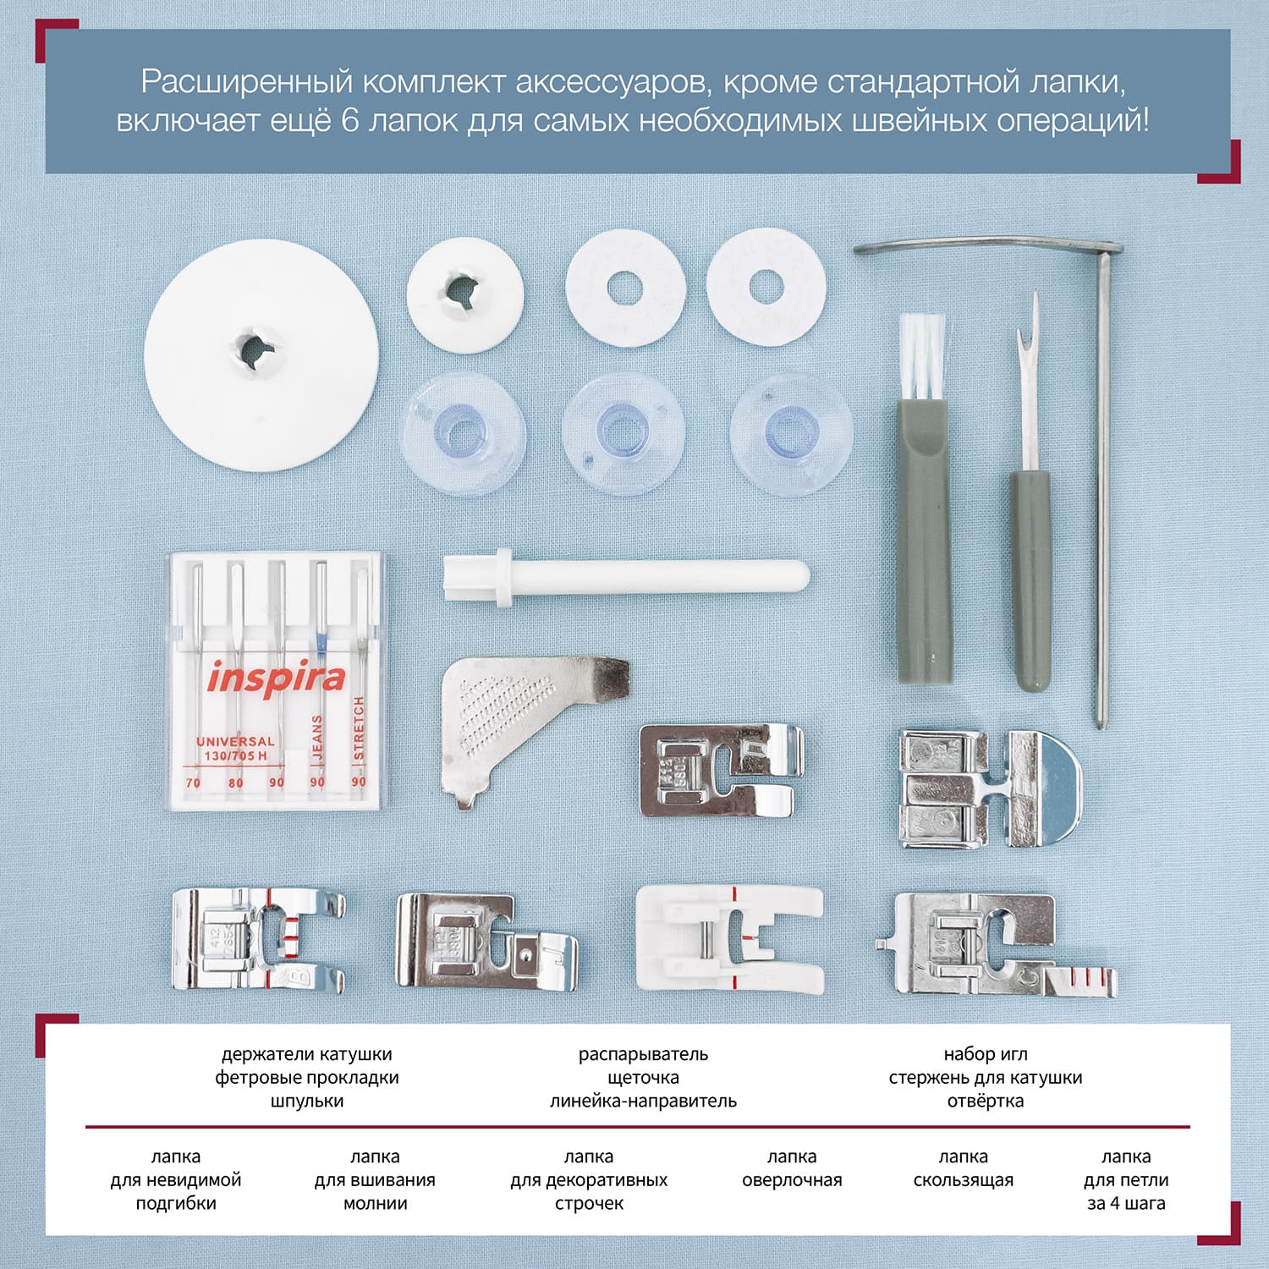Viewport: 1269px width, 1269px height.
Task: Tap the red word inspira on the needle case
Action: tap(276, 678)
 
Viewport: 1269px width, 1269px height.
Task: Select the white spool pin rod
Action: tap(626, 576)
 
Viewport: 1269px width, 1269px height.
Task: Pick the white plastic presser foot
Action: tap(730, 939)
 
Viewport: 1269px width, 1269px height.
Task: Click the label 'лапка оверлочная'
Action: tap(792, 1168)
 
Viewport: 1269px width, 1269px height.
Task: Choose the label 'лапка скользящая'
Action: tap(963, 1168)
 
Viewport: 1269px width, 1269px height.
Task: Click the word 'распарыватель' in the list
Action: tap(643, 1054)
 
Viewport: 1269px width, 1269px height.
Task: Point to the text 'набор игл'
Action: tap(986, 1054)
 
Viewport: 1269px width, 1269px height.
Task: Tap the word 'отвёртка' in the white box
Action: tap(986, 1101)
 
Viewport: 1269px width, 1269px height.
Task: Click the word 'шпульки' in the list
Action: tap(307, 1101)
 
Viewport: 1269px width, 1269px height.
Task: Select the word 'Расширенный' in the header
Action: tap(246, 83)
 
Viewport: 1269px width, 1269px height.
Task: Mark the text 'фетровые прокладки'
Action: tap(307, 1078)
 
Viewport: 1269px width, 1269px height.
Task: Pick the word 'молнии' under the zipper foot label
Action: tap(375, 1203)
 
